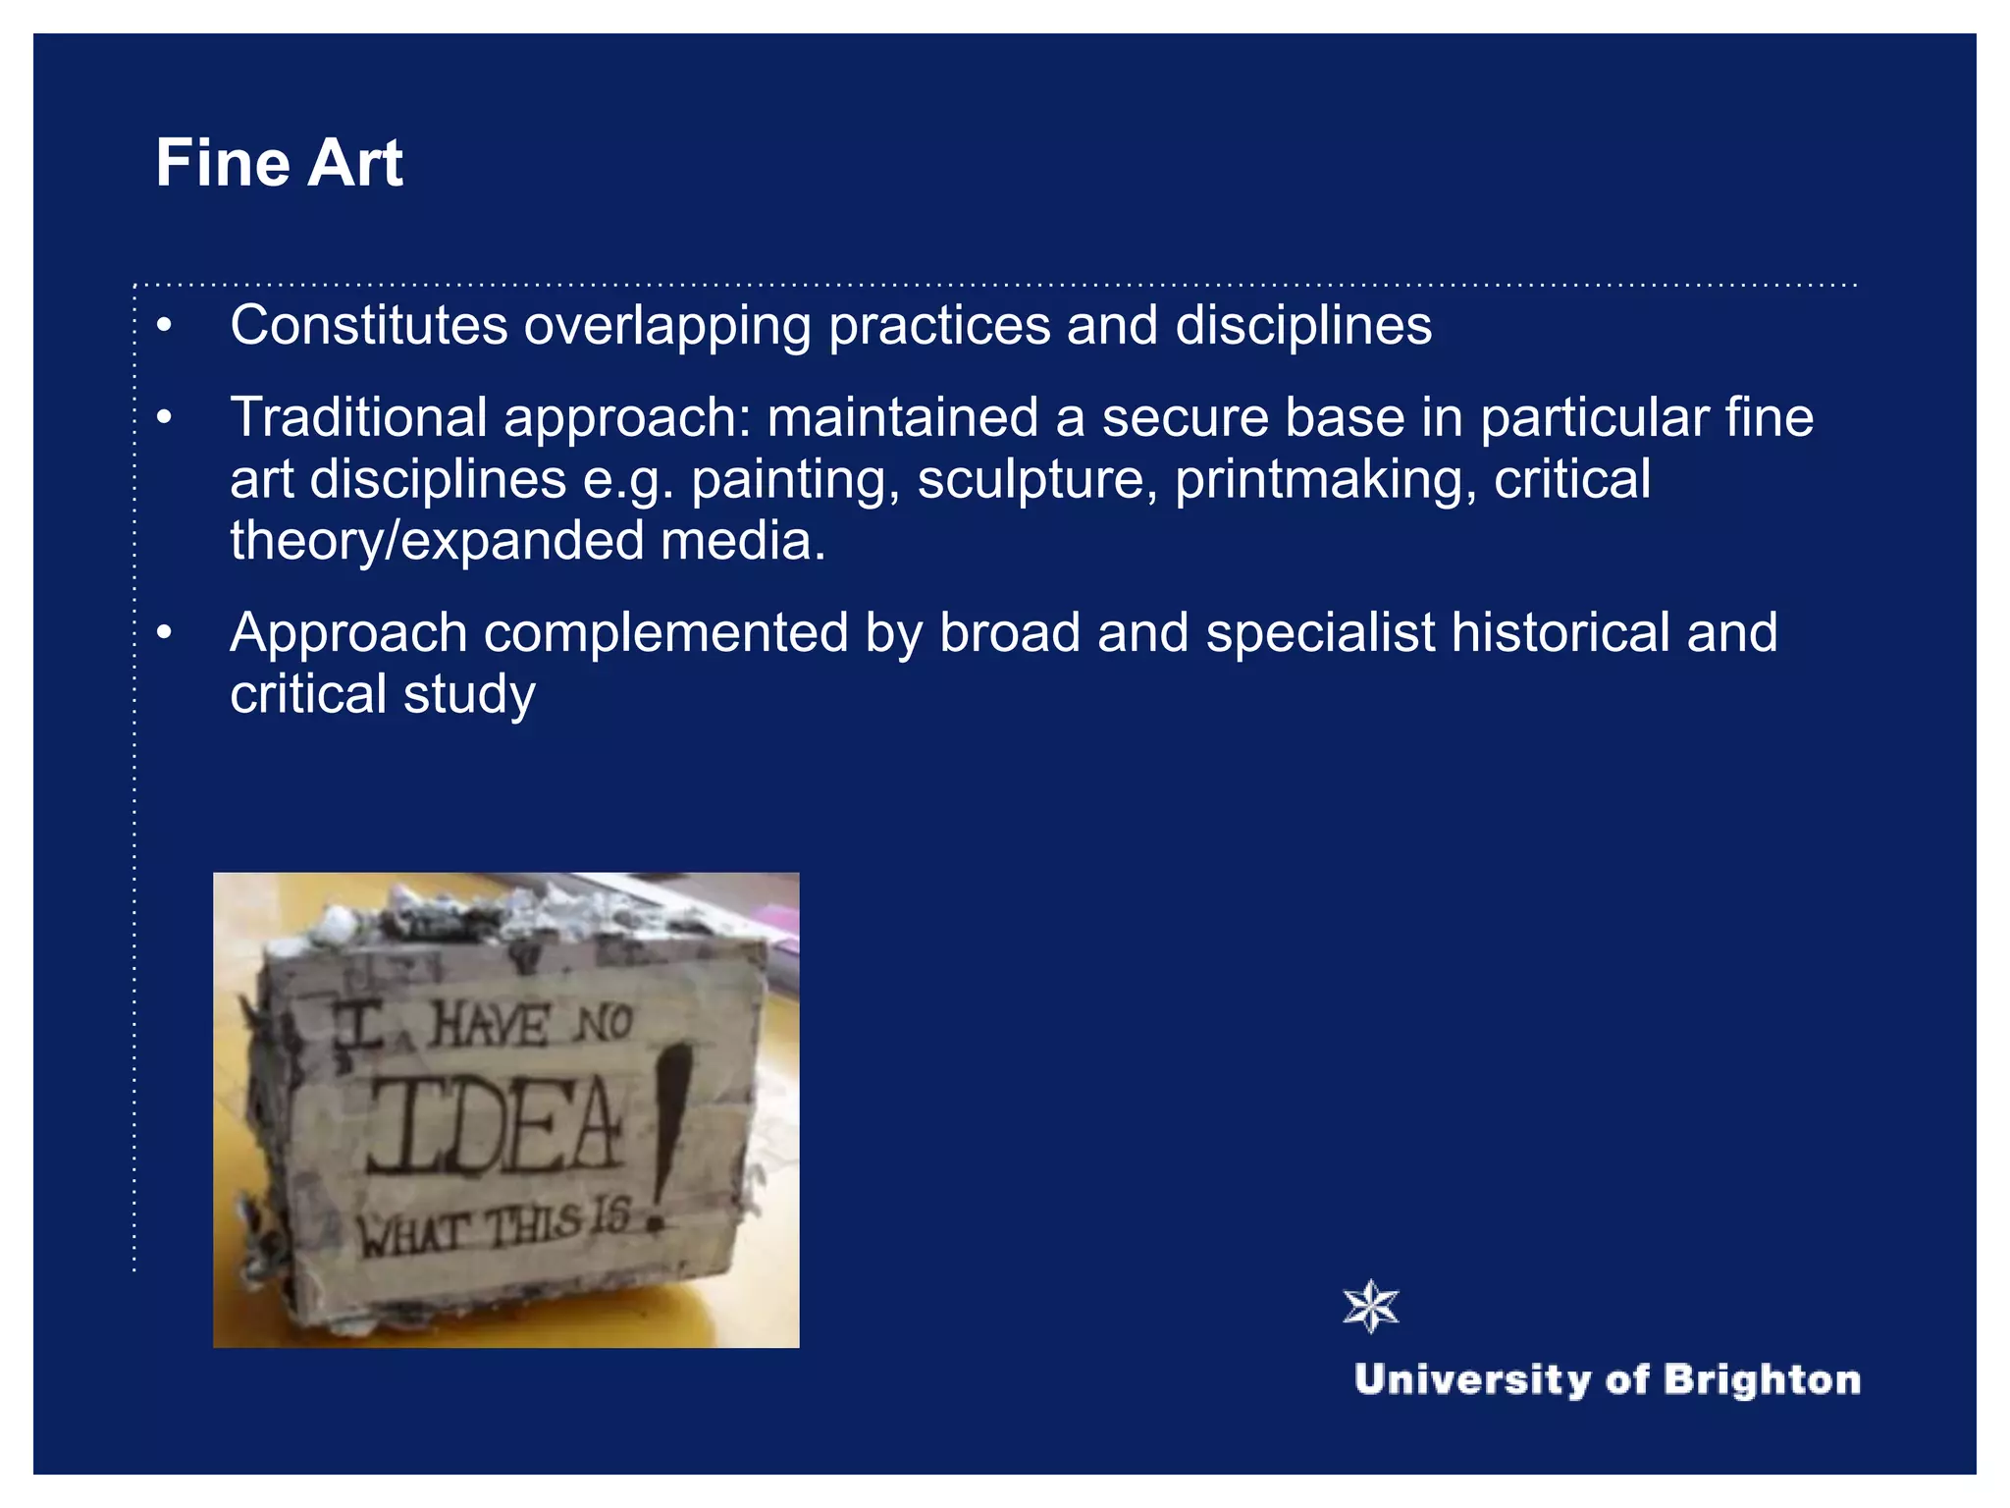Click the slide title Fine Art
(x=279, y=163)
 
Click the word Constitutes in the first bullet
(x=368, y=325)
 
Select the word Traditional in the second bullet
(x=358, y=417)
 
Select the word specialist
(x=1320, y=633)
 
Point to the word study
(x=469, y=695)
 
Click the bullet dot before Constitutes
(x=164, y=325)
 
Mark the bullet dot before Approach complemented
(x=164, y=633)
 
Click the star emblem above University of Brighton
(x=1371, y=1307)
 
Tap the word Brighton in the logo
(x=1762, y=1379)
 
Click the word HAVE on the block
(x=490, y=1026)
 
